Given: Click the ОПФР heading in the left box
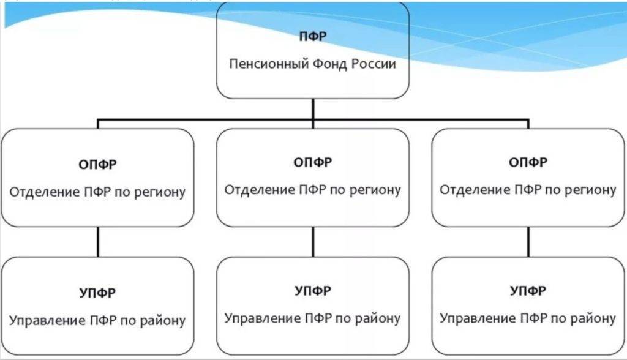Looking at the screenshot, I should pos(97,164).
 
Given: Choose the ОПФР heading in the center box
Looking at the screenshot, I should pos(312,162).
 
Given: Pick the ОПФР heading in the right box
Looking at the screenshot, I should pos(528,162).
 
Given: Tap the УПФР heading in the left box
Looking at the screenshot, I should pos(97,293).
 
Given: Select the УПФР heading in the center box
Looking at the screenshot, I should pos(312,291).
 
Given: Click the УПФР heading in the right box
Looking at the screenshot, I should pos(528,291).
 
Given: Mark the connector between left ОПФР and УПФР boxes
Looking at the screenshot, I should pos(97,242).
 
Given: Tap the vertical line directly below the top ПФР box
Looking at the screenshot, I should pos(312,109).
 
